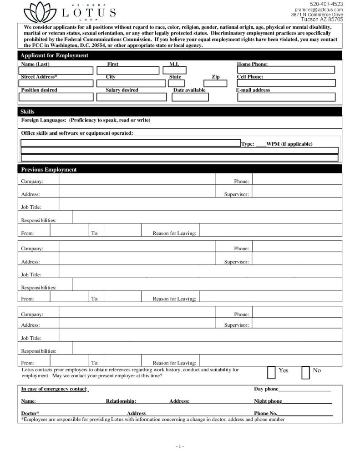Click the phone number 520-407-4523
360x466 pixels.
tap(326, 4)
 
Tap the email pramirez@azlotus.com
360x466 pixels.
tap(319, 10)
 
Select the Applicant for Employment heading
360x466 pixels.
tap(55, 56)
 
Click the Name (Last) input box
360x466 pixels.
tap(56, 71)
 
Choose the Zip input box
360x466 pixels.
tap(215, 83)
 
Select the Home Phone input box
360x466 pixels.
tap(286, 70)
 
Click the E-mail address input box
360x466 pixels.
tap(286, 96)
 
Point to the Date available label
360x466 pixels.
tap(189, 90)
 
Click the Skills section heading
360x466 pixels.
tap(27, 111)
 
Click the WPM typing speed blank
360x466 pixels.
tap(261, 144)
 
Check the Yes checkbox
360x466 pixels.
tap(271, 372)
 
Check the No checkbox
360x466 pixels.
tap(306, 372)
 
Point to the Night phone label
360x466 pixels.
tap(268, 401)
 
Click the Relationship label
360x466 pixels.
tap(121, 401)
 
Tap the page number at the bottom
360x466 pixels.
tap(180, 446)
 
